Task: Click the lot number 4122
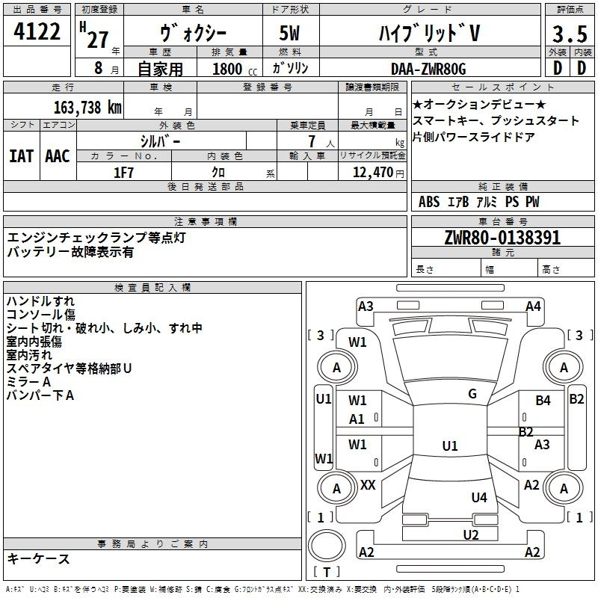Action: [x=37, y=32]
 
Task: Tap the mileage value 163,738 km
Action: [x=87, y=107]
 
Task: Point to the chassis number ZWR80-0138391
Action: [x=502, y=238]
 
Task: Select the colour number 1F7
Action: [x=123, y=172]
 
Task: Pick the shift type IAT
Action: [x=21, y=155]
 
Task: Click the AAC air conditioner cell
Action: [x=58, y=155]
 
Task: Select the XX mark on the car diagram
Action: [x=368, y=485]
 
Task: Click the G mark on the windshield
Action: [x=472, y=394]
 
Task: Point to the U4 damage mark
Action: [x=479, y=497]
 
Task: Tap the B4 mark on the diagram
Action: [x=543, y=401]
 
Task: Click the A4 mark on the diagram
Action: [x=533, y=306]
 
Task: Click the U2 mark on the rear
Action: [x=470, y=534]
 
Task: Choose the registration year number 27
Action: [x=97, y=40]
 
